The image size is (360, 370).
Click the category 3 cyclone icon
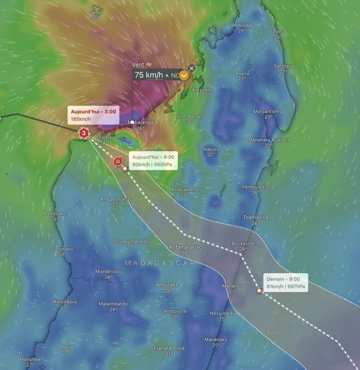pyautogui.click(x=84, y=133)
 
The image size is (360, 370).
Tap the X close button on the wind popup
pyautogui.click(x=192, y=68)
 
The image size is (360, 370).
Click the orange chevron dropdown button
pyautogui.click(x=184, y=76)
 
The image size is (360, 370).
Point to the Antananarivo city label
pyautogui.click(x=185, y=247)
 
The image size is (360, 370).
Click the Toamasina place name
pyautogui.click(x=256, y=217)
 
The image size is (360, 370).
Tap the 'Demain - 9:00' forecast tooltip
pyautogui.click(x=286, y=283)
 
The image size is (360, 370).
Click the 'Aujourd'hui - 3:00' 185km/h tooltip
pyautogui.click(x=93, y=115)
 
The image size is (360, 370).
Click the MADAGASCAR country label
pyautogui.click(x=159, y=263)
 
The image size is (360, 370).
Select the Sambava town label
pyautogui.click(x=283, y=66)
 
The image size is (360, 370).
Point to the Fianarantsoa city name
pyautogui.click(x=169, y=348)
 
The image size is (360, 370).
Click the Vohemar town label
pyautogui.click(x=278, y=31)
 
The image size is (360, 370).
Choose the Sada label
pyautogui.click(x=95, y=12)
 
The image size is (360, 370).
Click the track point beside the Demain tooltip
pyautogui.click(x=259, y=291)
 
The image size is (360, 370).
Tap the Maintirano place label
pyautogui.click(x=55, y=214)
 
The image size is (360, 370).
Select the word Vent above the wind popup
pyautogui.click(x=138, y=65)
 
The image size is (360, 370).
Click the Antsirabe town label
pyautogui.click(x=167, y=285)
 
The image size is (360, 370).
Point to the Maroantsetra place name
pyautogui.click(x=268, y=111)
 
